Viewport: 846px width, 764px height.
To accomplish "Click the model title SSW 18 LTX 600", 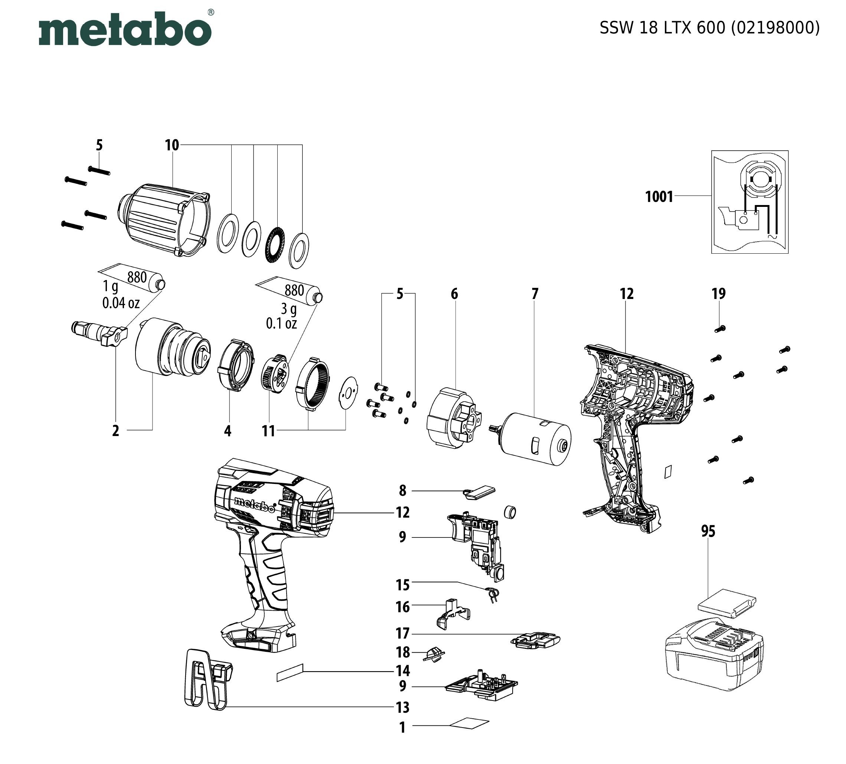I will (x=709, y=28).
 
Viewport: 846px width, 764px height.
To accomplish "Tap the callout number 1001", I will (x=659, y=197).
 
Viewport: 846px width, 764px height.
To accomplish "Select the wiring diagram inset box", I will (x=749, y=202).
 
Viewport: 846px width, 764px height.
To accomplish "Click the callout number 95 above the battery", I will (x=708, y=531).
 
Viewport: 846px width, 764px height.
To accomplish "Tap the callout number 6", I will (x=454, y=294).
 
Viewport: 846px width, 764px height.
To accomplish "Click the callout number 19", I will (x=718, y=294).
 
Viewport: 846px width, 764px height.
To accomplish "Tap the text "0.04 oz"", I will (x=121, y=302).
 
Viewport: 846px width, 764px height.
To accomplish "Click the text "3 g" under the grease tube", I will (x=289, y=309).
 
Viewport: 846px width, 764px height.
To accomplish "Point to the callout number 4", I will (x=228, y=431).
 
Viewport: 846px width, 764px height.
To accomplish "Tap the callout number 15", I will (x=402, y=584).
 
